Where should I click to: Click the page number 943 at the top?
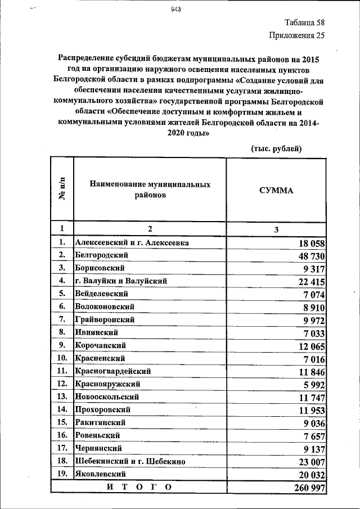(175, 8)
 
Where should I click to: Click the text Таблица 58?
(304, 23)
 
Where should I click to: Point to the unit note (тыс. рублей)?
(276, 148)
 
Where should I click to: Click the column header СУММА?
(276, 190)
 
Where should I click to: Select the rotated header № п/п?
(62, 189)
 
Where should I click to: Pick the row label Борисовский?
(101, 268)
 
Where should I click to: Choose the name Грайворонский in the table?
(105, 319)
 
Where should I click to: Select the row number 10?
(62, 358)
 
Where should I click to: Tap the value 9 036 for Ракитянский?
(312, 423)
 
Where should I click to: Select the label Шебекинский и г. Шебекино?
(130, 461)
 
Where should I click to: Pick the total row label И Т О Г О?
(138, 487)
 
